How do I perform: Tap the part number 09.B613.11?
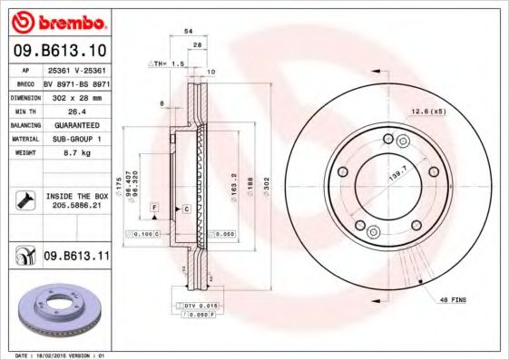pyautogui.click(x=77, y=257)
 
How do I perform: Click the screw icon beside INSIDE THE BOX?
pyautogui.click(x=24, y=200)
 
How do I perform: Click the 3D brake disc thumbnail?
pyautogui.click(x=56, y=308)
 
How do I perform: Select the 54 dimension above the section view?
pyautogui.click(x=189, y=31)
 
